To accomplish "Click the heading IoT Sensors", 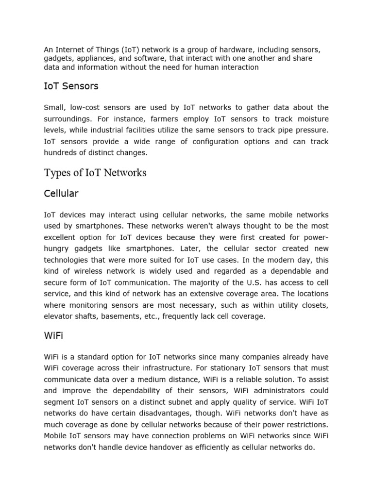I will [71, 86].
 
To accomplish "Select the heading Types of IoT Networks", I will [95, 173].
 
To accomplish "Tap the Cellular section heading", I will [61, 194].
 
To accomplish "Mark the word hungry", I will [56, 248].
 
